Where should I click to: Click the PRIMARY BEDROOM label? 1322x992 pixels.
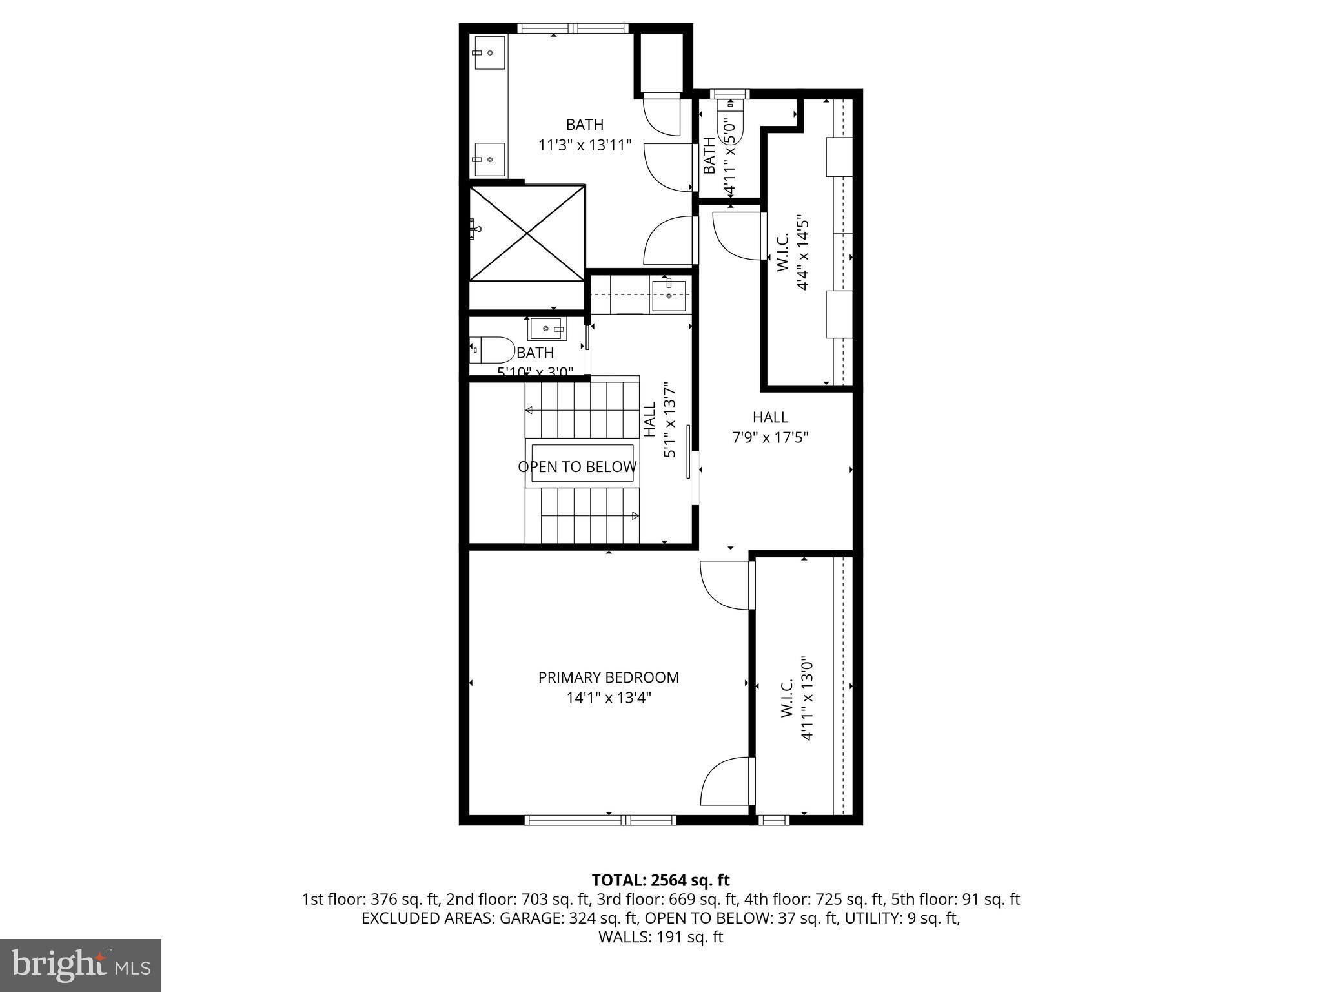point(608,677)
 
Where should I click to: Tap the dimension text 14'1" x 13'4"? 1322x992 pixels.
point(608,697)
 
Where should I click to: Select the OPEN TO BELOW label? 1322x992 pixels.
point(577,467)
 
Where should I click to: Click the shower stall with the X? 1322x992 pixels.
point(527,232)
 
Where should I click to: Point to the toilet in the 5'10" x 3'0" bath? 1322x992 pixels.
point(491,350)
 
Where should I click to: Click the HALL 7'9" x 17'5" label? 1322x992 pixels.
point(770,427)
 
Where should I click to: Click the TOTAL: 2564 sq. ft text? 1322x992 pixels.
point(660,880)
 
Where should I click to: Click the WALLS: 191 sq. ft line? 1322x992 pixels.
point(660,937)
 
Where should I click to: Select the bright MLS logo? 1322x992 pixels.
point(81,966)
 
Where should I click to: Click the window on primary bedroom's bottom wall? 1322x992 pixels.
point(600,820)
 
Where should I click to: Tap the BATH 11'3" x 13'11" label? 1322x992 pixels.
point(585,134)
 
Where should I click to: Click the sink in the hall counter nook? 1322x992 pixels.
point(669,294)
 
